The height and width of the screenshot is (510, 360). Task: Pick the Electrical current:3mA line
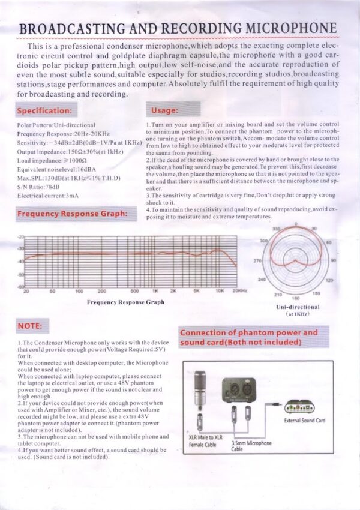(x=47, y=195)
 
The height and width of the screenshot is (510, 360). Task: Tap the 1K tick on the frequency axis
(x=155, y=290)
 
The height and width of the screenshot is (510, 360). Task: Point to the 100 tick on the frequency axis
(x=79, y=290)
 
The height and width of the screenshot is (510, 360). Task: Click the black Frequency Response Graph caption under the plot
(x=125, y=302)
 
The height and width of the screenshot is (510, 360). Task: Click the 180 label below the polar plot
(x=295, y=298)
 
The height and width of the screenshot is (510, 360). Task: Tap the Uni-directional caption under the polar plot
(x=297, y=307)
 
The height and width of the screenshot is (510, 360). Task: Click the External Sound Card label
(x=304, y=420)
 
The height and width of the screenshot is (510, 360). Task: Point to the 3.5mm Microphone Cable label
(x=251, y=446)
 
